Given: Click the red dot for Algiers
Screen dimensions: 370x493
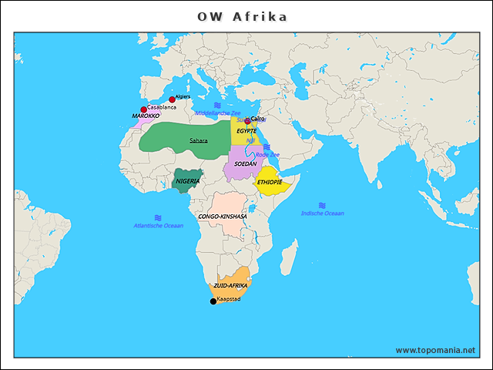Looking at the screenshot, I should [173, 99].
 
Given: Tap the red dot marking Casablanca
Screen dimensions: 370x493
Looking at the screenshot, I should [144, 109].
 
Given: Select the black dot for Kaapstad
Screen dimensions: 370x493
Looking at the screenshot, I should [213, 301].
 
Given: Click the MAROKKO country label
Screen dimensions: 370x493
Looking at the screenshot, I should [146, 116].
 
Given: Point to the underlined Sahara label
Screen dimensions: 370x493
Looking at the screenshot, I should [199, 140].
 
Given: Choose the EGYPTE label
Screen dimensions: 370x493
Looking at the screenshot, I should [246, 131].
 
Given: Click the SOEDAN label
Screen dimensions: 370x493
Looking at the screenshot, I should [246, 164].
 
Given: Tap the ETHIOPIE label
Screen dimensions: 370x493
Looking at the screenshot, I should [270, 183].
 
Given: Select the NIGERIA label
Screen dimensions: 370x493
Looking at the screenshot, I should [188, 181].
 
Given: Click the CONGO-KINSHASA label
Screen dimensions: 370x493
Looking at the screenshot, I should [223, 217].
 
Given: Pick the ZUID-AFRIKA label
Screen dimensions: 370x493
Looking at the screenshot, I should [230, 286].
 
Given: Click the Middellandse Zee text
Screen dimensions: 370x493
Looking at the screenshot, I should [218, 113].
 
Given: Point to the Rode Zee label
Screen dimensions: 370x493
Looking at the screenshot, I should [267, 155].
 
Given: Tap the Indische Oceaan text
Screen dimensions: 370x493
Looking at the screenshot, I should [323, 214].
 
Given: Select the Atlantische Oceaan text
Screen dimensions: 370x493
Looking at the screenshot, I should [159, 226].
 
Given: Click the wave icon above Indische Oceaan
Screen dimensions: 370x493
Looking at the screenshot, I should [322, 205].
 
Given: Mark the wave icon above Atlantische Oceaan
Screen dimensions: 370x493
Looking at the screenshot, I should [158, 217].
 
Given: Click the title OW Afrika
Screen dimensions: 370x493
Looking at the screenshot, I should [242, 16].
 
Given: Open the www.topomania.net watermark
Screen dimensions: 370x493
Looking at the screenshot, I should [435, 350].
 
